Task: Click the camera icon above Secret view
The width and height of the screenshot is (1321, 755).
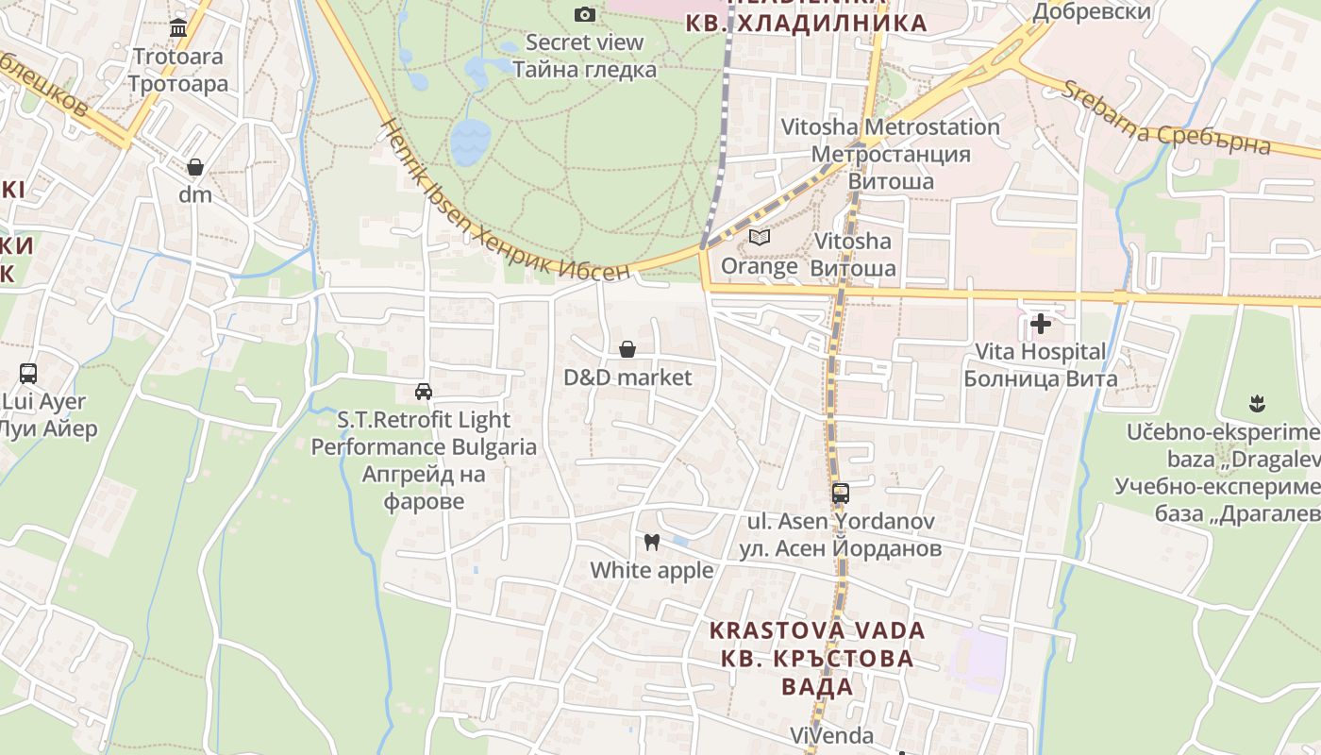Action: coord(585,14)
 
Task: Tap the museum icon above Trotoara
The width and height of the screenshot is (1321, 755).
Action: coord(178,27)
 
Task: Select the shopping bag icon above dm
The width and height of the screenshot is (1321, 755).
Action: coord(195,167)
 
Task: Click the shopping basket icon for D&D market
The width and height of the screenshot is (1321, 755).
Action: coord(627,349)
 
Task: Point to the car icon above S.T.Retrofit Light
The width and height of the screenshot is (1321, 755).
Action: coord(424,391)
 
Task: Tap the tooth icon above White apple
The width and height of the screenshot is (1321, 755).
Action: coord(651,542)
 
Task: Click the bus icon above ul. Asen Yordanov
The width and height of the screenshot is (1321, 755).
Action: coord(841,493)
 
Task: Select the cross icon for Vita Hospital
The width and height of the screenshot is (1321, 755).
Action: coord(1041,324)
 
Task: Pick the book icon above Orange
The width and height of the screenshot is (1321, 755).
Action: coord(760,237)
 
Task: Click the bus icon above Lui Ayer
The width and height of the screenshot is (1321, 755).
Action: coord(28,373)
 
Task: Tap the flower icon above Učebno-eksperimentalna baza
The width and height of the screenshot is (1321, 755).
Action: coord(1256,404)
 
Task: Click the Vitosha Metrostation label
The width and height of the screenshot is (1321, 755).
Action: coord(890,127)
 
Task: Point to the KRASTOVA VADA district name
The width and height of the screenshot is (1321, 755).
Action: coord(817,629)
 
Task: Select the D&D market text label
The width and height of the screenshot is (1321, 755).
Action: coord(627,377)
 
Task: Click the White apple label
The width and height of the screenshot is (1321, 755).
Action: coord(652,570)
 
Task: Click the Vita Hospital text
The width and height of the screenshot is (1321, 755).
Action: coord(1040,352)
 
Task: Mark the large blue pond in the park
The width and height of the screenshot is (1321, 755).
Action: coord(470,142)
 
